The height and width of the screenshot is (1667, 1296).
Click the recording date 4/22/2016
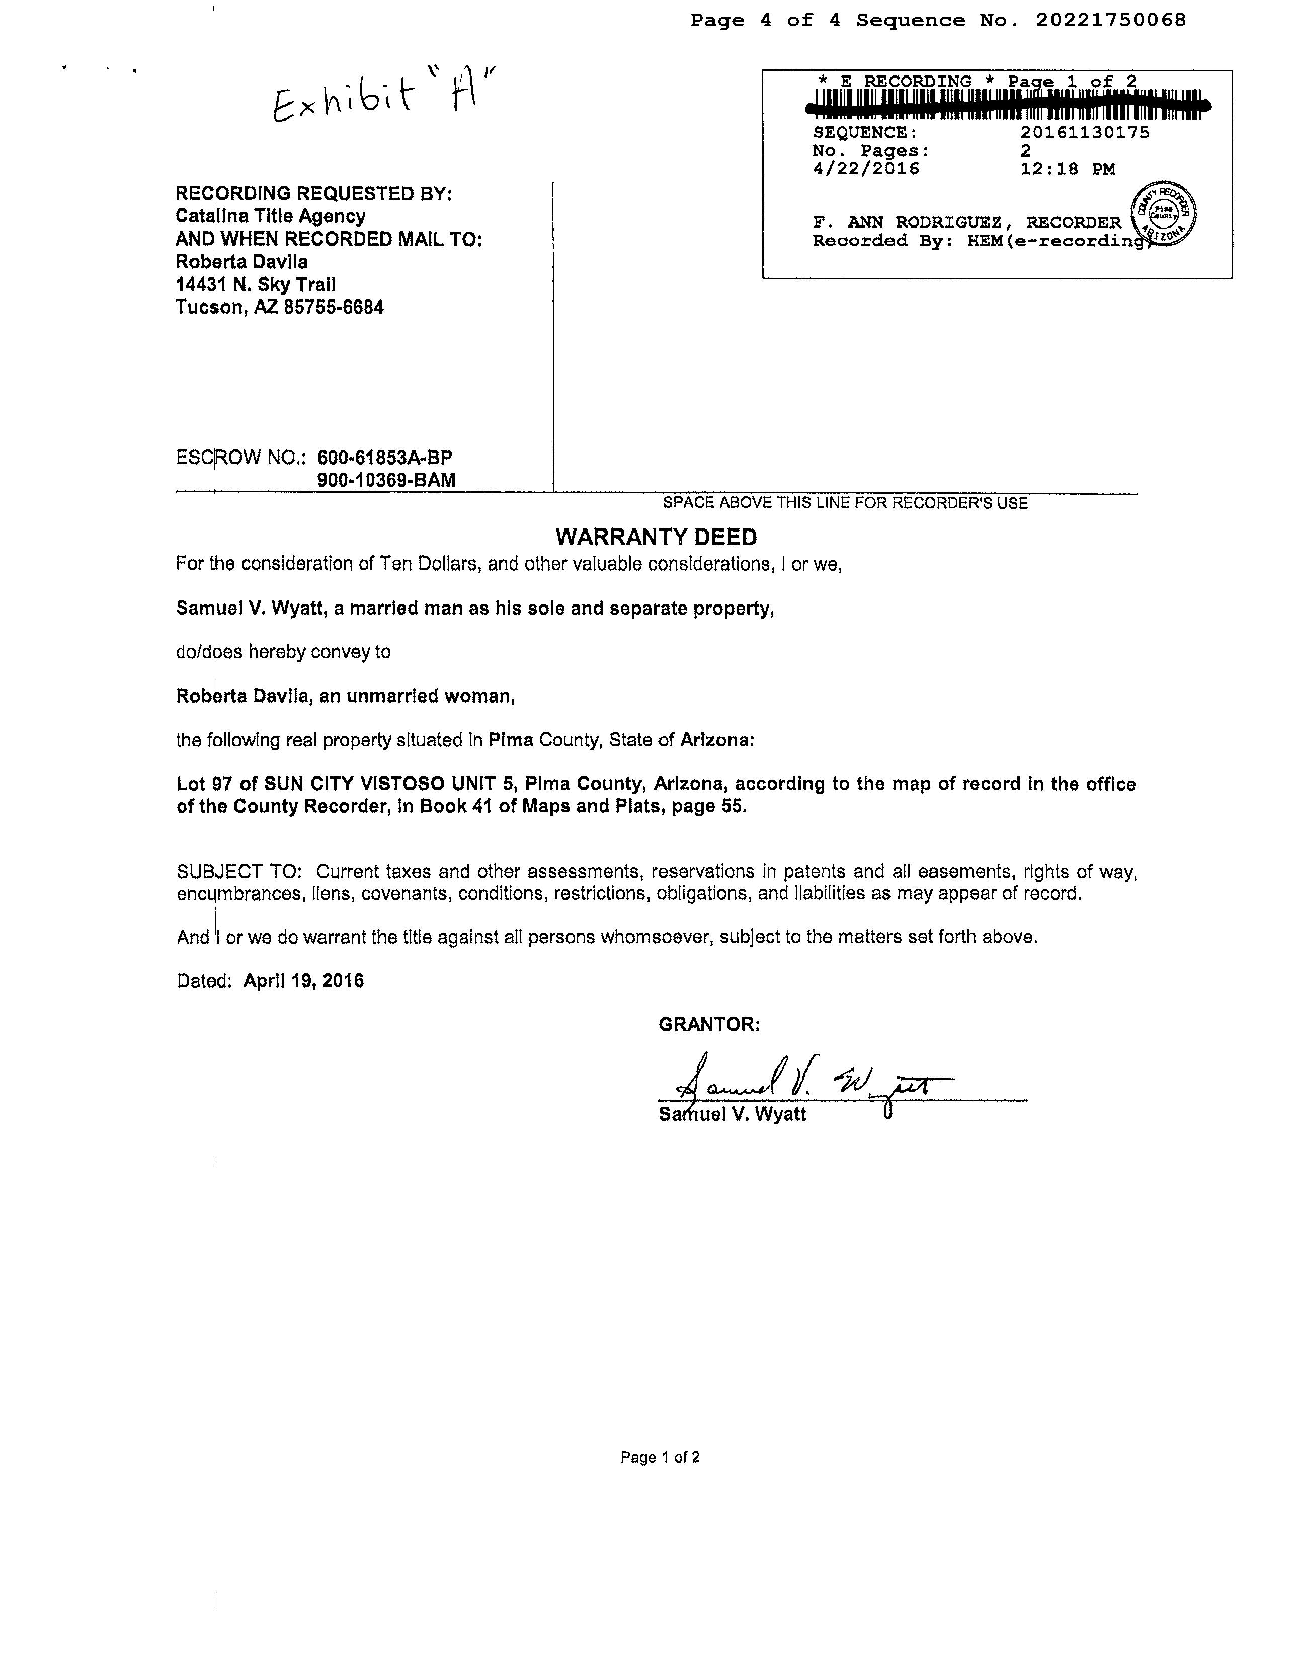pos(866,169)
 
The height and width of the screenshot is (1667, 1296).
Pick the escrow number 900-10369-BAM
pos(386,480)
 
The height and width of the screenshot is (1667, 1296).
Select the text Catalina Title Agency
pos(270,216)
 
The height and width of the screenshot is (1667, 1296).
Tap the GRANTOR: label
pos(709,1024)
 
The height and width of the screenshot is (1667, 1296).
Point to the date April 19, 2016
pos(303,981)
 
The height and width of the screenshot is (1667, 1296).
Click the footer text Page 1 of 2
pos(660,1457)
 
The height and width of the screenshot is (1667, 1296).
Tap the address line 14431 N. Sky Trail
pos(256,285)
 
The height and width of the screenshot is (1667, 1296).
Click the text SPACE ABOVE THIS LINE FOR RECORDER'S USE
pos(844,503)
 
